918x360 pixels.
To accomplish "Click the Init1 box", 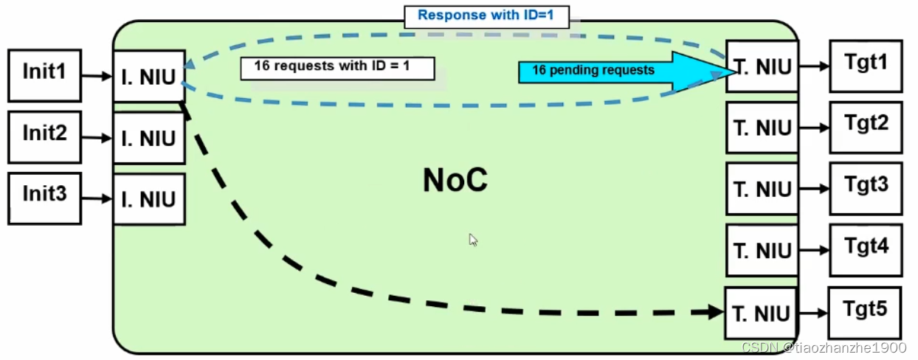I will [x=44, y=75].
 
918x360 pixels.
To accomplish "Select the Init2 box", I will [x=44, y=136].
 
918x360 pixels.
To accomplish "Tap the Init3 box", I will [x=44, y=198].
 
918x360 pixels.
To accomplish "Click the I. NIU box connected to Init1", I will [x=148, y=76].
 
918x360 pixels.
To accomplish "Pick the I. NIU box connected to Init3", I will [x=148, y=199].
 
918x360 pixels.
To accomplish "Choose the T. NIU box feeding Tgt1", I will [x=762, y=66].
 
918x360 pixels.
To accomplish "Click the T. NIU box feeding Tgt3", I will [x=762, y=189].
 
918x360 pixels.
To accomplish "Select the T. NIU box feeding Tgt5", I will [x=760, y=313].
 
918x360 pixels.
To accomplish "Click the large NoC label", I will [x=455, y=180].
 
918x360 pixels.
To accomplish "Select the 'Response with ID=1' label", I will [x=486, y=15].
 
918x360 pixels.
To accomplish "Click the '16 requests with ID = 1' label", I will [x=337, y=67].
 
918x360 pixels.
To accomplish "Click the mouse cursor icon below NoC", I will [x=473, y=240].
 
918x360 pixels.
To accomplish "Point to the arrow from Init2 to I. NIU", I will [x=97, y=137].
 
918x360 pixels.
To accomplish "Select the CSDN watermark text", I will [x=823, y=347].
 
